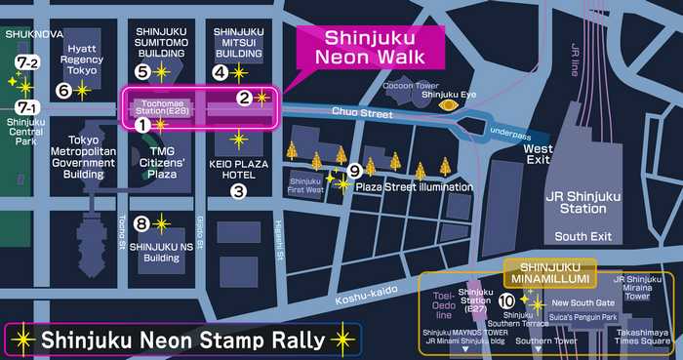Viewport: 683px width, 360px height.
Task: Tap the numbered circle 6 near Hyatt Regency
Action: click(64, 91)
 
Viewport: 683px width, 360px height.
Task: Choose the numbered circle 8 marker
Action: click(141, 223)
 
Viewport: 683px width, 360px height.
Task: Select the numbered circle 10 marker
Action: click(506, 300)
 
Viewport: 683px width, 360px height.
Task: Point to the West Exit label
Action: click(538, 155)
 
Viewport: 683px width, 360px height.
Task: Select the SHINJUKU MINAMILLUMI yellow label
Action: click(550, 270)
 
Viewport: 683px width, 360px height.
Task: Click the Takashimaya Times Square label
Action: click(641, 337)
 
